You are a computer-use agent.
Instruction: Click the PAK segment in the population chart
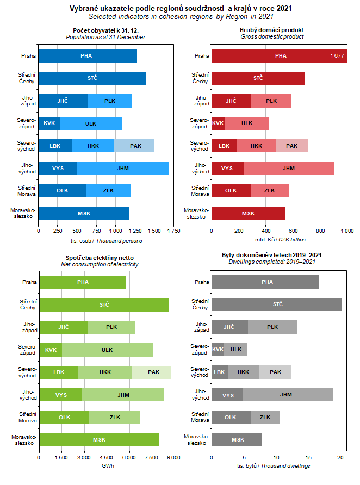134,146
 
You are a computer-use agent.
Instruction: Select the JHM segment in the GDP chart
289,169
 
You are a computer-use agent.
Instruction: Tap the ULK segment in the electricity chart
107,350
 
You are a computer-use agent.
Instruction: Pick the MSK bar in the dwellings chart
237,439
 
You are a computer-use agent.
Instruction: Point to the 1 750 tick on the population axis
174,231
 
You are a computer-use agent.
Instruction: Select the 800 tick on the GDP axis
320,231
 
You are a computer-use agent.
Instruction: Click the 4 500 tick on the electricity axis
107,458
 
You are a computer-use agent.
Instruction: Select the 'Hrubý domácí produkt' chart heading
271,29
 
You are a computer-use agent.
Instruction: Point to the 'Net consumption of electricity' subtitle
100,264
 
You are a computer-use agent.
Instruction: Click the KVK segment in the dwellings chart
218,350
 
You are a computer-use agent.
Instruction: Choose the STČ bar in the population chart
92,78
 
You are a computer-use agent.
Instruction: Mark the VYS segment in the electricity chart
60,395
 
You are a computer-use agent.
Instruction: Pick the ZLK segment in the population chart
108,191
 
